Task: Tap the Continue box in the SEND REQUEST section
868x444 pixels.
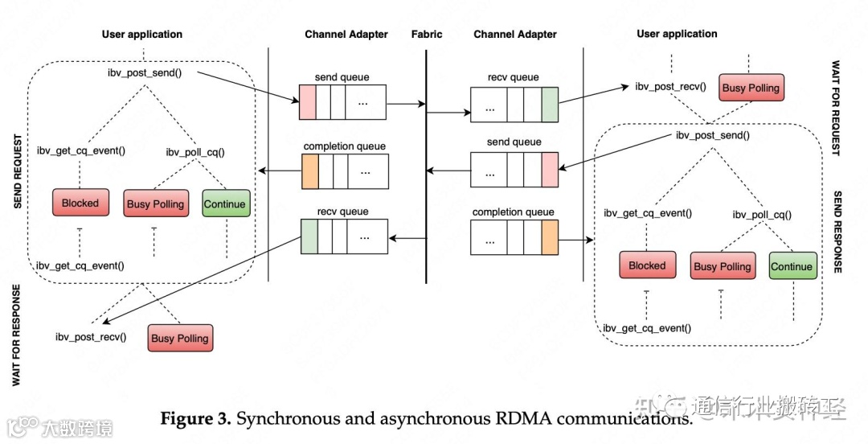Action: pos(225,203)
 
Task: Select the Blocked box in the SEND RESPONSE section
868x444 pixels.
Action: pos(647,265)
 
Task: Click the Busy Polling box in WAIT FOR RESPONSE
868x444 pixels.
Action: pos(180,338)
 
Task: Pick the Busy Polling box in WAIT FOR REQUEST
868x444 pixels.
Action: pos(751,88)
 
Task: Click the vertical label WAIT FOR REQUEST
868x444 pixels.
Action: pos(836,108)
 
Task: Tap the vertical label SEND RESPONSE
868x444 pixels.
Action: pos(836,232)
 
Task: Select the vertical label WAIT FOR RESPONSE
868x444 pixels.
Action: pos(18,335)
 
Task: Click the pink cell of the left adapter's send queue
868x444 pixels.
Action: pos(306,102)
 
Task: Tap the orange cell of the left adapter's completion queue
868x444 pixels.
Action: pos(310,170)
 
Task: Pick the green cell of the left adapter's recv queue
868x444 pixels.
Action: pos(309,236)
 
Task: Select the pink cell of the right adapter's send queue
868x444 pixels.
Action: pos(549,170)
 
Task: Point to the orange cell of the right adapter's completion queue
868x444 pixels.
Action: pos(549,236)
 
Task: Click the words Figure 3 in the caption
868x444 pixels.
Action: pos(195,419)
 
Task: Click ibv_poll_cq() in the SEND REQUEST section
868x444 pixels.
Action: pos(195,151)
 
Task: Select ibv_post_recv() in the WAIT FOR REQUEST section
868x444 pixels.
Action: pos(670,86)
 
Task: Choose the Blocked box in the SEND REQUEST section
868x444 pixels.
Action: pos(80,203)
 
